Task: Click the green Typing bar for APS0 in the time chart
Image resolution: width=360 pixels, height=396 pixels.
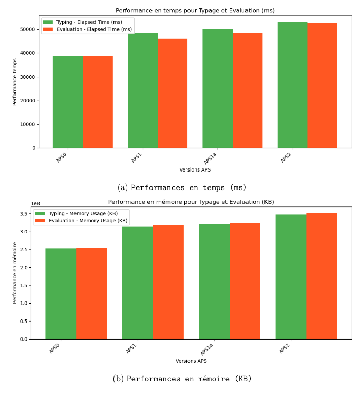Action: point(68,102)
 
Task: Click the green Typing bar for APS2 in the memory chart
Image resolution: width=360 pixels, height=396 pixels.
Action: point(291,277)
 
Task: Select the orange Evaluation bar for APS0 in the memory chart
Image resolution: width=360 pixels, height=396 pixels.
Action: point(91,293)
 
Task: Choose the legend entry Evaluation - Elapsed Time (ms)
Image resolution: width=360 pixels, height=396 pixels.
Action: point(87,29)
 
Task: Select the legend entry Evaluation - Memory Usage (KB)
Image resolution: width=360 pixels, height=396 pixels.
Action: point(82,221)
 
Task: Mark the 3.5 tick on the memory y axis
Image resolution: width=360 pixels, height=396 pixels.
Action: point(24,214)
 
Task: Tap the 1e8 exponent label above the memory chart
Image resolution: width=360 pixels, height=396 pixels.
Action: point(35,203)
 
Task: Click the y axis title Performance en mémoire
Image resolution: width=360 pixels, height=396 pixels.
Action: point(15,272)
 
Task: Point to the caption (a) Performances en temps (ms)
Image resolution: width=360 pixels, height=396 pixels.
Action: point(182,187)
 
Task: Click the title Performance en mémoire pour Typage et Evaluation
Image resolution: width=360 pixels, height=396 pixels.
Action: point(191,202)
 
